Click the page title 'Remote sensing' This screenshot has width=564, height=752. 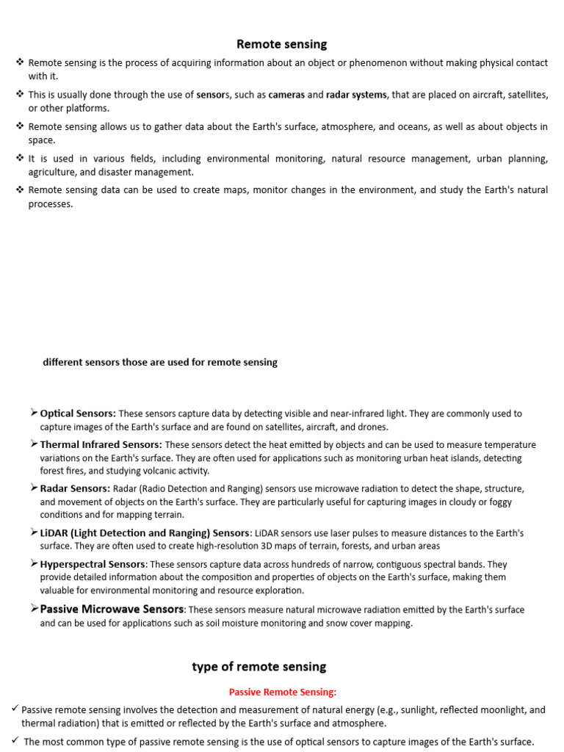(281, 45)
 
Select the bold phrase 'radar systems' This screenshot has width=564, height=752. (356, 95)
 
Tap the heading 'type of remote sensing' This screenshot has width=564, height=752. (259, 667)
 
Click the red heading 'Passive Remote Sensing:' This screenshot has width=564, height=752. (283, 692)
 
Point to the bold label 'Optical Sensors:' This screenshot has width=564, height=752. (78, 413)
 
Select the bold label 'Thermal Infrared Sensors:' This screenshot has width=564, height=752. (101, 444)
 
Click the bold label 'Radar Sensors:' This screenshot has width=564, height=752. (75, 488)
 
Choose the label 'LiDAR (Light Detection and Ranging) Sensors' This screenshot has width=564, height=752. (145, 532)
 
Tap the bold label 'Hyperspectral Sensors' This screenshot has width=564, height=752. (93, 564)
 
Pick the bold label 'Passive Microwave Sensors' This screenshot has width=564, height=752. (112, 609)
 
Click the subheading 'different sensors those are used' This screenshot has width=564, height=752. (160, 362)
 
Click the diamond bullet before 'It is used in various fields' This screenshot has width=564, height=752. (20, 158)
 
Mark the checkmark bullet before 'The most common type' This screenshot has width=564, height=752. (15, 741)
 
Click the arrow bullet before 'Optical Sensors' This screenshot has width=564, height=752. (34, 413)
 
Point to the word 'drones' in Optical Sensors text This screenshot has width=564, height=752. (372, 427)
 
